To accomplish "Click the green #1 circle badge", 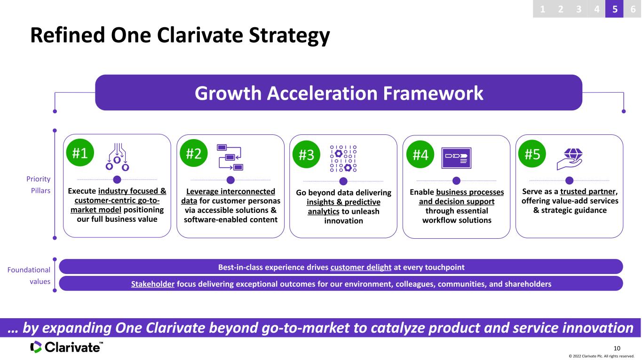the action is click(x=80, y=153).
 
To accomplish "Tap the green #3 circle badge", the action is click(x=306, y=154).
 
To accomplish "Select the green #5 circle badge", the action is click(x=532, y=154).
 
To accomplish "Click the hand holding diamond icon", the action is click(x=570, y=159).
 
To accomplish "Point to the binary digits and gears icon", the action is click(x=343, y=158).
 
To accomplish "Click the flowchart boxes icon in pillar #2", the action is click(x=230, y=157).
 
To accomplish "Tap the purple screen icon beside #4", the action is click(x=456, y=158).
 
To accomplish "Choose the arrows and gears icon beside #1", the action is click(x=117, y=157).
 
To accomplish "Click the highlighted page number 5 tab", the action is click(x=614, y=9).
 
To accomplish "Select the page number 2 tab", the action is click(x=560, y=9).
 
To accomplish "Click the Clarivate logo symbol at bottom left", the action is click(x=36, y=347).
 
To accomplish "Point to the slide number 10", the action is click(x=617, y=348).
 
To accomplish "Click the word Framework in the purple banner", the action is click(x=433, y=93).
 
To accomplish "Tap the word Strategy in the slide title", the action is click(x=289, y=36).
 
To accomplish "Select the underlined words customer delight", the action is click(x=361, y=267).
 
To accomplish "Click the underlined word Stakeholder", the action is click(x=153, y=284).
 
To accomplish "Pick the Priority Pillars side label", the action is click(x=39, y=185).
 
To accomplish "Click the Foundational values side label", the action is click(x=29, y=275).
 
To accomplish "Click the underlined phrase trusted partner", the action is click(x=587, y=191).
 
